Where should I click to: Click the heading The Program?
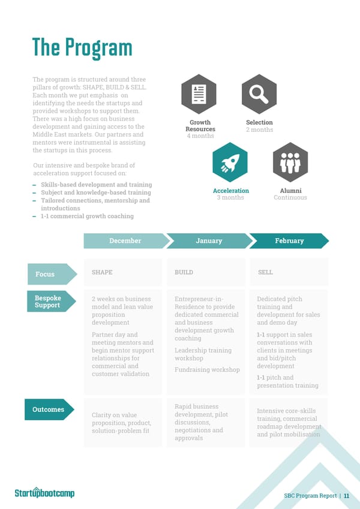point(82,49)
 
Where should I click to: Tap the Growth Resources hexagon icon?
point(199,94)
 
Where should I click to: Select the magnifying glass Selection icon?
point(259,94)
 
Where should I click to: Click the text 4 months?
point(200,136)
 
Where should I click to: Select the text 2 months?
point(259,129)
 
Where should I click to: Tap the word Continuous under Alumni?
point(290,197)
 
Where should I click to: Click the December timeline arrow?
point(125,240)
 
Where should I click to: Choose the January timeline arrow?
point(208,240)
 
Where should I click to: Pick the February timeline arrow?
point(289,240)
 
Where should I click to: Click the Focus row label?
point(48,274)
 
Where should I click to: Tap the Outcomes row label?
point(49,409)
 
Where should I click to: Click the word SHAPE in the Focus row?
point(102,272)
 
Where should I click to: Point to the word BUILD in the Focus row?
point(184,272)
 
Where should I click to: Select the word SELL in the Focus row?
point(265,272)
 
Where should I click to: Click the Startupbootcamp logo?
point(45,493)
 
